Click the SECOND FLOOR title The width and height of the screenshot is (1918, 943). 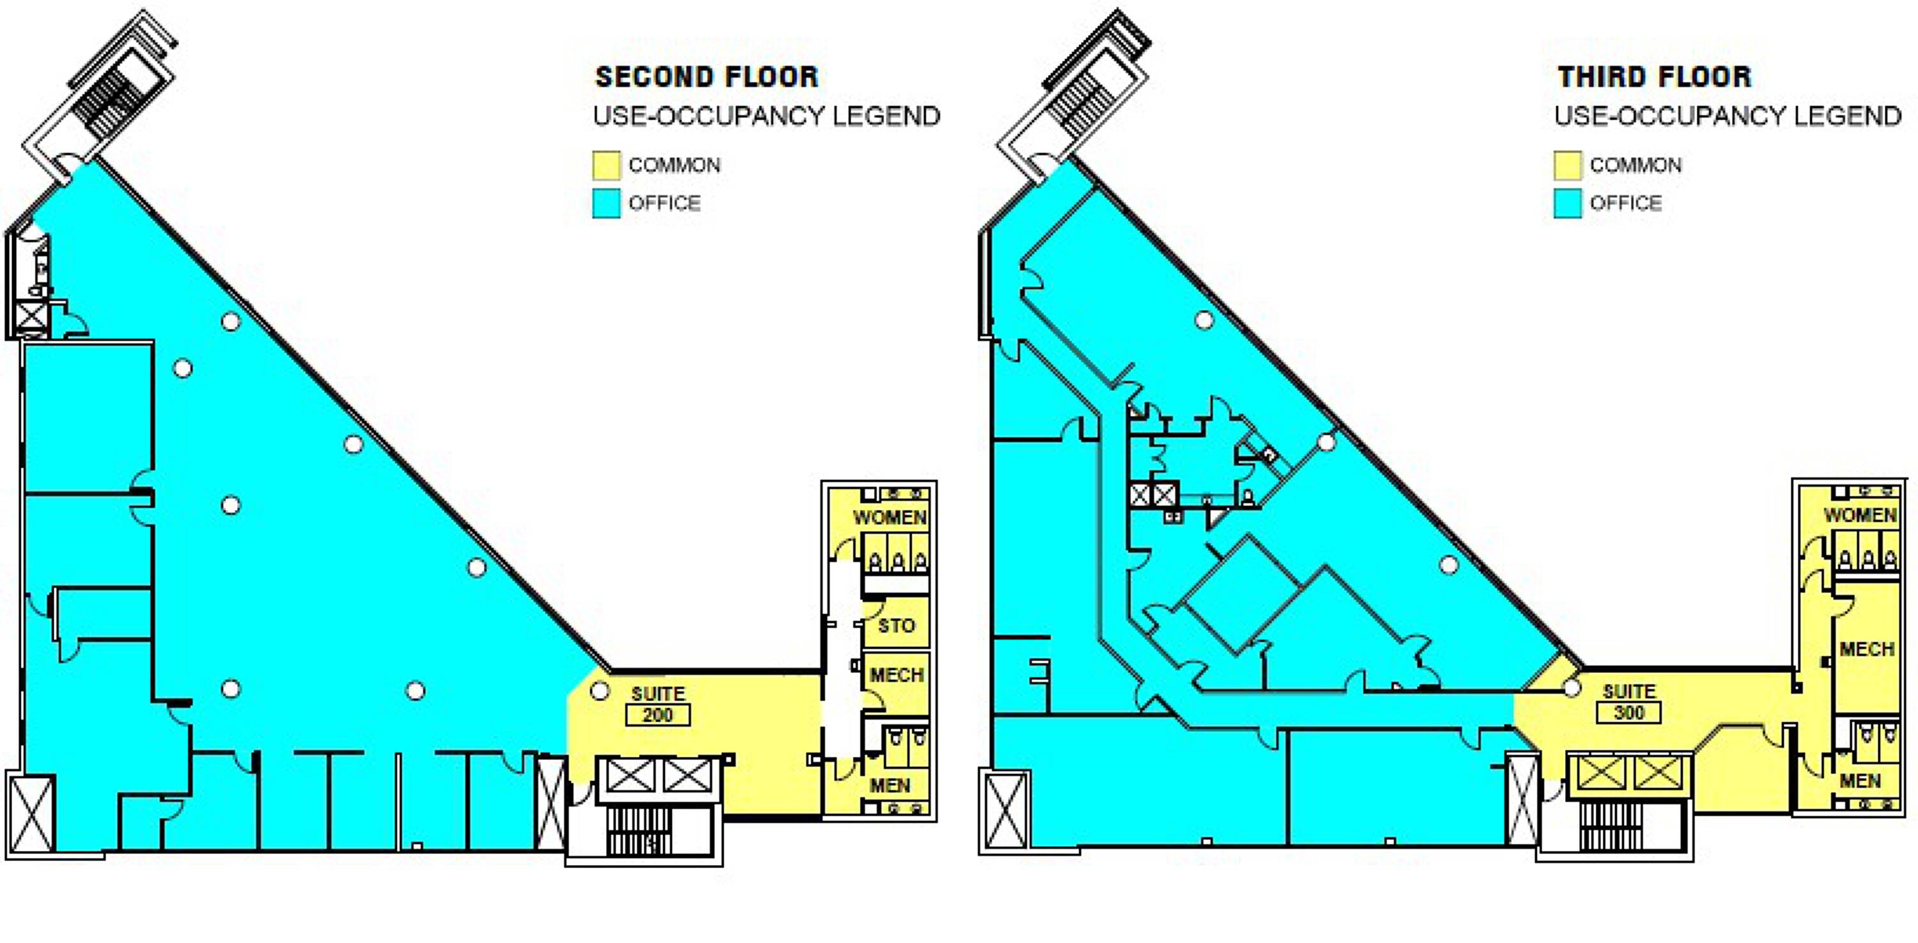706,77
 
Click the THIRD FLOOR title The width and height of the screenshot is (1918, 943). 1654,77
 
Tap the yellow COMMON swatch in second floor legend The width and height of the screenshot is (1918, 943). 606,165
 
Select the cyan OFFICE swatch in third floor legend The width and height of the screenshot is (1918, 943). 1567,203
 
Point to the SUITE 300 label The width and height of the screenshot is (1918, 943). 1629,702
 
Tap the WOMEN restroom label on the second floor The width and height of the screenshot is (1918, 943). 889,517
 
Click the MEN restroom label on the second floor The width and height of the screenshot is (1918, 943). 890,785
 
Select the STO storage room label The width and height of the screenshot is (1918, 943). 896,626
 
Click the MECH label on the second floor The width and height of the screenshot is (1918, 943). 896,675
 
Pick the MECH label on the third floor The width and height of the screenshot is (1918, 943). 1867,649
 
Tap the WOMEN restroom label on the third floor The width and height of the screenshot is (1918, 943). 1860,515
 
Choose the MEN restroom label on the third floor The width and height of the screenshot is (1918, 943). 1860,781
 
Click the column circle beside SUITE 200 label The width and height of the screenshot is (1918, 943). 600,691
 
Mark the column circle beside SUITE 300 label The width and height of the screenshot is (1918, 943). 1571,688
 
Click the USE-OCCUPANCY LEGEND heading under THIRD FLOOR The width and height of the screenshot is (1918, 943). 1727,116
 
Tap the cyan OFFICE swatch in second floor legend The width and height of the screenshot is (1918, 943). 606,203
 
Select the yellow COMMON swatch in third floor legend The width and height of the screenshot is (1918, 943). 1567,165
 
